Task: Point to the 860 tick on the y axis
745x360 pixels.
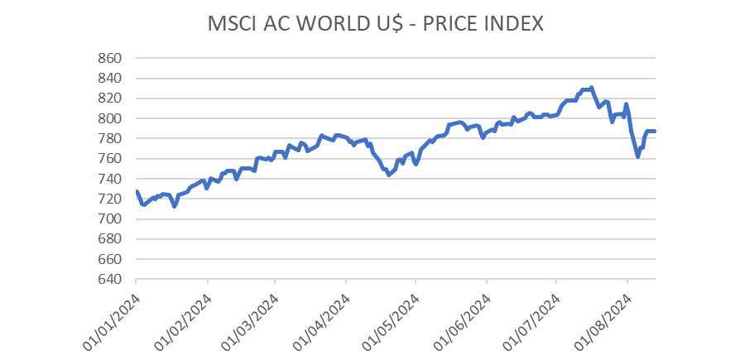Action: click(x=110, y=59)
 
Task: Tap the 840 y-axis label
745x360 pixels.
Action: click(x=110, y=79)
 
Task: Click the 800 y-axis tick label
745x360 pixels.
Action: click(x=110, y=118)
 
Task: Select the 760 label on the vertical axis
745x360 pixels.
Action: click(x=110, y=159)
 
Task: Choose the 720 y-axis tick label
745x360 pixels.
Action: click(x=110, y=199)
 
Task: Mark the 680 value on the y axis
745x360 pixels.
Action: click(x=110, y=239)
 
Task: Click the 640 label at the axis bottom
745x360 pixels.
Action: click(x=110, y=279)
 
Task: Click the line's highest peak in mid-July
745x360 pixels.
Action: click(x=590, y=88)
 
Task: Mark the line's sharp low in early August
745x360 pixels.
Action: click(x=637, y=156)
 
